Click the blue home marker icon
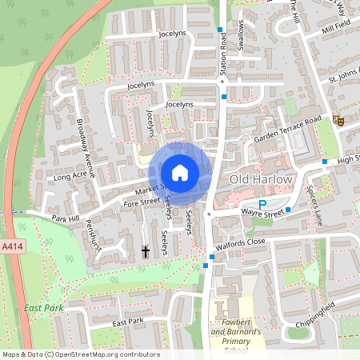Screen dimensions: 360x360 click(180, 173)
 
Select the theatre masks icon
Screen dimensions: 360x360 click(338, 119)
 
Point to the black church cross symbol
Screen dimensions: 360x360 click(146, 251)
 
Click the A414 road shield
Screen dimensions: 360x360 click(11, 248)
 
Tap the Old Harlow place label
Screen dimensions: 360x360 click(261, 179)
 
